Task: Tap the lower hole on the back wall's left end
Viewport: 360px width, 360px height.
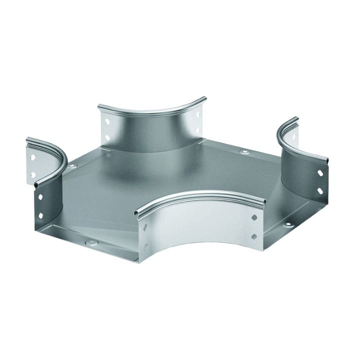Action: [x=107, y=136]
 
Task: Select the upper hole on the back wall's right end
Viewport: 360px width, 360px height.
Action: [x=198, y=114]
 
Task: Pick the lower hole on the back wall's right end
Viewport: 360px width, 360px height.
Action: [x=198, y=130]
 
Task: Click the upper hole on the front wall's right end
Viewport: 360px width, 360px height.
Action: [x=254, y=218]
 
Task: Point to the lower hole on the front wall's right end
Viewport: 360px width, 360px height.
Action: [x=254, y=235]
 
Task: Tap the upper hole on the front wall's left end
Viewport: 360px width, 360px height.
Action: [x=146, y=228]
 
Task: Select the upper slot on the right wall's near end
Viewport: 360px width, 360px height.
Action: [x=320, y=173]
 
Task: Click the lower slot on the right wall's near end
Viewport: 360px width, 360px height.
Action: [x=320, y=190]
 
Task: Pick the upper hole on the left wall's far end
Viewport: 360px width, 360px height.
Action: [x=33, y=157]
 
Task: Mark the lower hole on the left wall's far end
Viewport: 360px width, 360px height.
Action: [x=33, y=174]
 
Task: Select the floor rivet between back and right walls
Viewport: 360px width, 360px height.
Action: [x=244, y=151]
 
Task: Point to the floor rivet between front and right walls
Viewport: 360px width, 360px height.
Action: [x=288, y=224]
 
